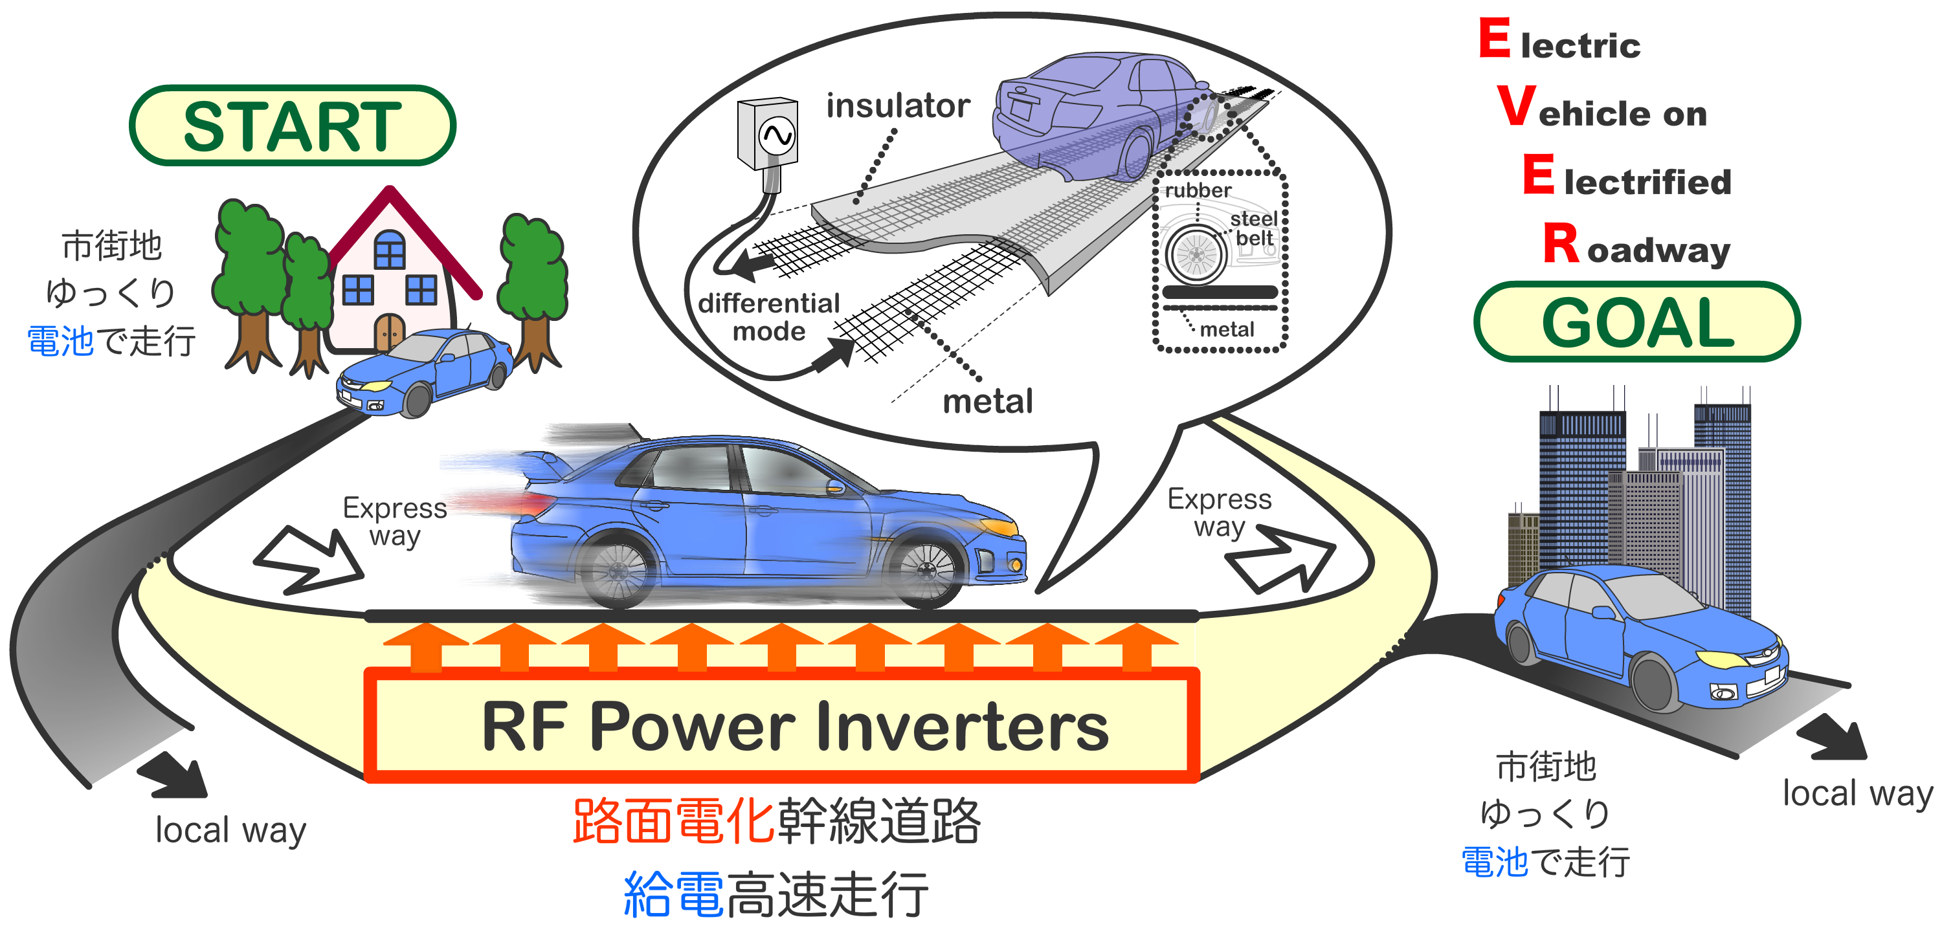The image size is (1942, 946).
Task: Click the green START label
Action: (x=292, y=126)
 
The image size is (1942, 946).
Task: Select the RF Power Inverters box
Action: (x=782, y=725)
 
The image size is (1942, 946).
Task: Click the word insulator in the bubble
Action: (x=897, y=105)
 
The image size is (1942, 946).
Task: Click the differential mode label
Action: (x=768, y=316)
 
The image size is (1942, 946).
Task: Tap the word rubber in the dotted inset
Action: (x=1197, y=190)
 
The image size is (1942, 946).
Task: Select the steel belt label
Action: (x=1255, y=228)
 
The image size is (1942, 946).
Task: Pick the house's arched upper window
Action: (x=389, y=248)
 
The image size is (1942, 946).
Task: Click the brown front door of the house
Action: (x=389, y=332)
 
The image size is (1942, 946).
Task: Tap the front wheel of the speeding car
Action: (x=925, y=571)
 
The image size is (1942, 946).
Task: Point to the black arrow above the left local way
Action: (x=173, y=776)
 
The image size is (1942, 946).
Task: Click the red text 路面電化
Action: (x=673, y=820)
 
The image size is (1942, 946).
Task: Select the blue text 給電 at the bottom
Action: (x=673, y=894)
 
